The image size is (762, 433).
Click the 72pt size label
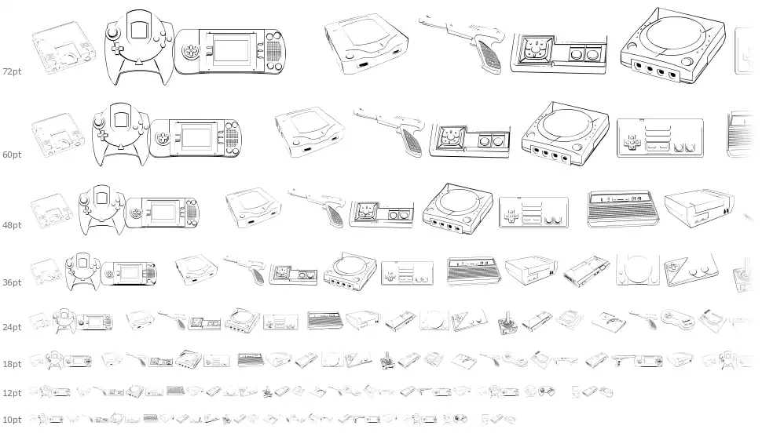[12, 71]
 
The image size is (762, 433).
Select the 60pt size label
[12, 155]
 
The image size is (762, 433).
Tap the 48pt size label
[12, 225]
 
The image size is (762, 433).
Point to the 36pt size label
[12, 282]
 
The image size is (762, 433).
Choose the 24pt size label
[12, 327]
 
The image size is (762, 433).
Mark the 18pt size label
[12, 365]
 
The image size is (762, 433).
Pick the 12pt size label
[12, 392]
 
